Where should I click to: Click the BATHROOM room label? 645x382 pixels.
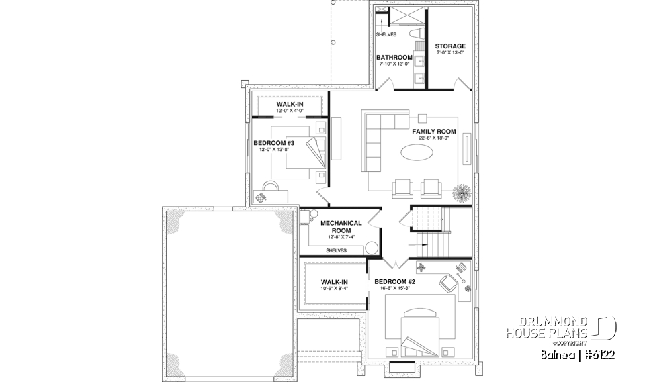coord(394,58)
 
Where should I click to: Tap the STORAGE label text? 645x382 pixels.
coord(449,46)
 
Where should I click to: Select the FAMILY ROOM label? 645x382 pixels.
coord(434,132)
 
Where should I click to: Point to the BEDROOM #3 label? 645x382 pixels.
coord(273,143)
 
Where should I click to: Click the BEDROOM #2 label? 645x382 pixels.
coord(394,282)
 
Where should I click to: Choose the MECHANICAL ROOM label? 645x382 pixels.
coord(341,226)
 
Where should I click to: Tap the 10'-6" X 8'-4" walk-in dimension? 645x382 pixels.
coord(333,289)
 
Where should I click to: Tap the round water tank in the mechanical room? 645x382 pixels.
coord(371,247)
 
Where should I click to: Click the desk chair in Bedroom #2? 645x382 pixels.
coord(447,281)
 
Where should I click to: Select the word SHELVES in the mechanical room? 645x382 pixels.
coord(336,250)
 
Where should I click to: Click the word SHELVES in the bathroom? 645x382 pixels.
coord(386,34)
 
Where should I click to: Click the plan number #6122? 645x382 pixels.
coord(597,354)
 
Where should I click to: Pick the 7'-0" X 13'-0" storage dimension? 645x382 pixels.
coord(449,53)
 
